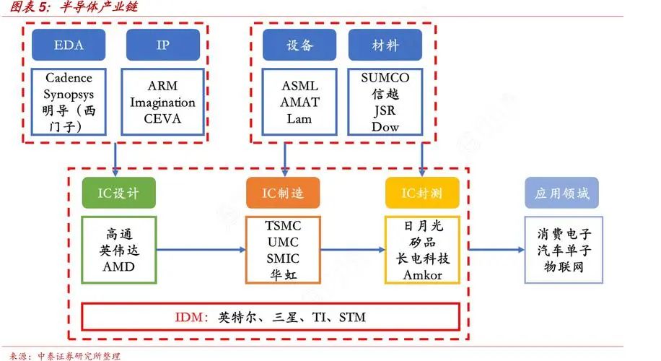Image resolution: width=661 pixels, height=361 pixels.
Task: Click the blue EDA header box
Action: pos(69,45)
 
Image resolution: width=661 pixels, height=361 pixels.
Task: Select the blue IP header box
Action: pos(162,45)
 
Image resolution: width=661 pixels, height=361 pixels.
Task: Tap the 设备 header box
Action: pos(299,45)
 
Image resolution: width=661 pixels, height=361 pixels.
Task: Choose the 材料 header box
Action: pos(385,45)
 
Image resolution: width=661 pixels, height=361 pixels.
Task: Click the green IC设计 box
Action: pos(118,193)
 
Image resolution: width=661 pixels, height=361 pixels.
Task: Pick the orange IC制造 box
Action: pos(283,193)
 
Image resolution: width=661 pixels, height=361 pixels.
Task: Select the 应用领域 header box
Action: pos(561,193)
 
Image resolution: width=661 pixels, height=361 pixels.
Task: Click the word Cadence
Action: pos(69,78)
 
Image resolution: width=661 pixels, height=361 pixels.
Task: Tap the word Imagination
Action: pos(162,103)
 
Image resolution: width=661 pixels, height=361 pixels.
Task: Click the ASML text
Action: pos(299,86)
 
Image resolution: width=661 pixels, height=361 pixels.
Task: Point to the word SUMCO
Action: pos(385,78)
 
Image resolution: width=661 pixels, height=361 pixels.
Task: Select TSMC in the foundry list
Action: pos(283,225)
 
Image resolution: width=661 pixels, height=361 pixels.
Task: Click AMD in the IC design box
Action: pos(118,266)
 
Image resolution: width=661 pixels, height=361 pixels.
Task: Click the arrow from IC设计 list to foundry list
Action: pos(200,250)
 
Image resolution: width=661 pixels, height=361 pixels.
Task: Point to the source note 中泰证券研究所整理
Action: pos(79,355)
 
